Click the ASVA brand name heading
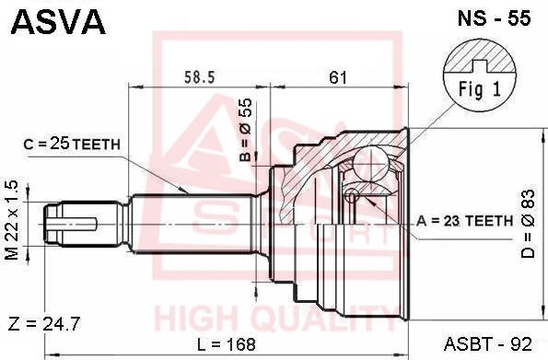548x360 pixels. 58,22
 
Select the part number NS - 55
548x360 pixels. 494,18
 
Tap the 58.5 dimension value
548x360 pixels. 200,77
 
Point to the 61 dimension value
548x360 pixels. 338,77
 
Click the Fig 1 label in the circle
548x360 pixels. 480,89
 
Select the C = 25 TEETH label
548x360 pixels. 72,144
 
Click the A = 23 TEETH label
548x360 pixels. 464,221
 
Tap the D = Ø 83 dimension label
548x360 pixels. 528,224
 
